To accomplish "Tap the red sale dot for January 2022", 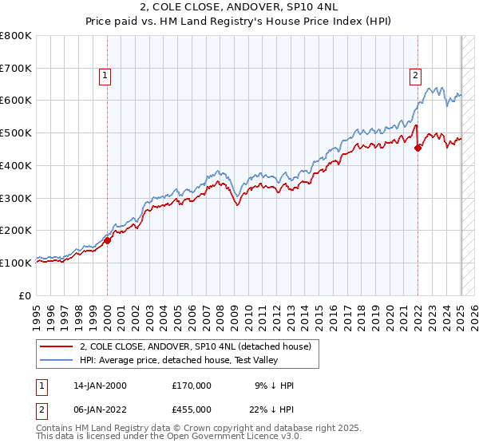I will (418, 147).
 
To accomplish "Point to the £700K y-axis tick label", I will (16, 68).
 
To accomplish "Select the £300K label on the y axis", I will (16, 198).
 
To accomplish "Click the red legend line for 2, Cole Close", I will (55, 346).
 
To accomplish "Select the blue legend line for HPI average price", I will (55, 360).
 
